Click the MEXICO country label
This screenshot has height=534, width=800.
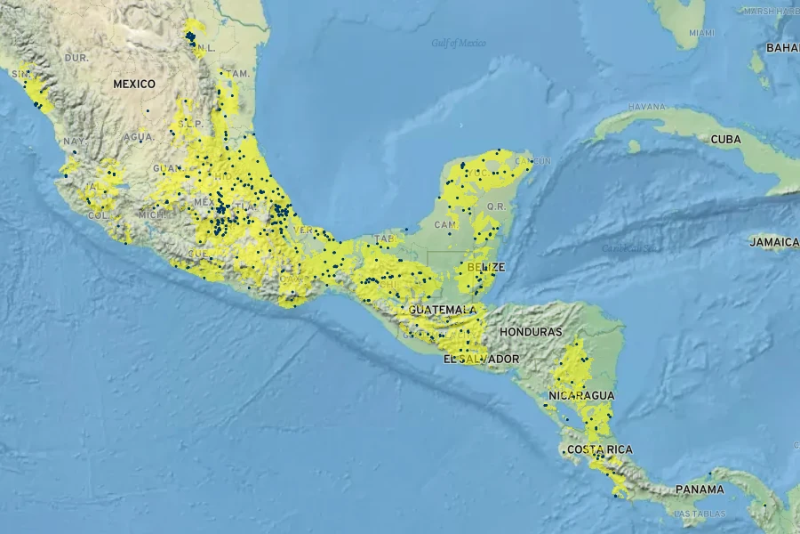pos(134,84)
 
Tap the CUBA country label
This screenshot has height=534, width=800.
pos(725,140)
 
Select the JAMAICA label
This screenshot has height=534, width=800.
pos(773,242)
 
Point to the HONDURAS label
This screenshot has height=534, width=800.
pos(531,331)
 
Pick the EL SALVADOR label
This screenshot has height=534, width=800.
pos(481,359)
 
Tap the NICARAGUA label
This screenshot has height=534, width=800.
pos(581,395)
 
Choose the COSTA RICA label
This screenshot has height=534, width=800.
pos(599,449)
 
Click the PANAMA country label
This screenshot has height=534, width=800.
pos(699,489)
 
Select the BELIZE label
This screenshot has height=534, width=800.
pos(486,267)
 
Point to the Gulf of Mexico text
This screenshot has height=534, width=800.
pos(459,43)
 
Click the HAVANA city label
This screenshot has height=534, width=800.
pos(646,107)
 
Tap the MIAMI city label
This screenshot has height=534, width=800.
pos(700,33)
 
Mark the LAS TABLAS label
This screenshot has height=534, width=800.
pos(699,514)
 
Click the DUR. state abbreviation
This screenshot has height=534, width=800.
pos(77,57)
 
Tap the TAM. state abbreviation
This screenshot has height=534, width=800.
pos(237,73)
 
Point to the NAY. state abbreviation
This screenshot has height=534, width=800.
pos(73,142)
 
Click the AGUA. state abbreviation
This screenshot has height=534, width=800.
pos(139,137)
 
